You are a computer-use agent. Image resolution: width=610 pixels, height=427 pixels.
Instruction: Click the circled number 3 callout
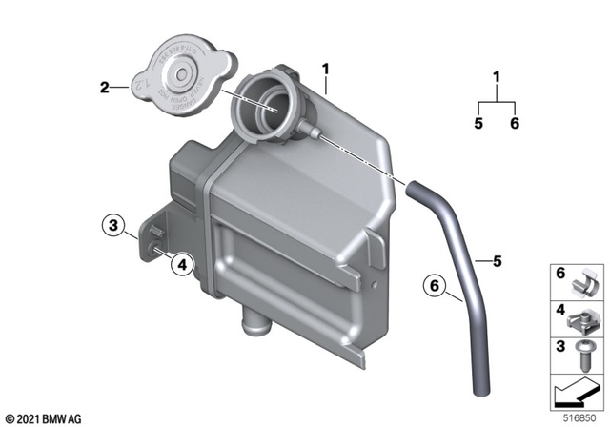pyautogui.click(x=114, y=227)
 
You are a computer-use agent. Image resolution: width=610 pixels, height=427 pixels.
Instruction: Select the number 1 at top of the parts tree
pyautogui.click(x=496, y=76)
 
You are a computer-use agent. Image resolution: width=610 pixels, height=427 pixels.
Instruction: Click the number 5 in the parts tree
pyautogui.click(x=478, y=122)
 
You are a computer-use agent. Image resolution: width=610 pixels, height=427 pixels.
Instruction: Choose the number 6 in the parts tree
pyautogui.click(x=514, y=122)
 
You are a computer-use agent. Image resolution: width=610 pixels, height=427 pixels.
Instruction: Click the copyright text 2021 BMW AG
pyautogui.click(x=44, y=417)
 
